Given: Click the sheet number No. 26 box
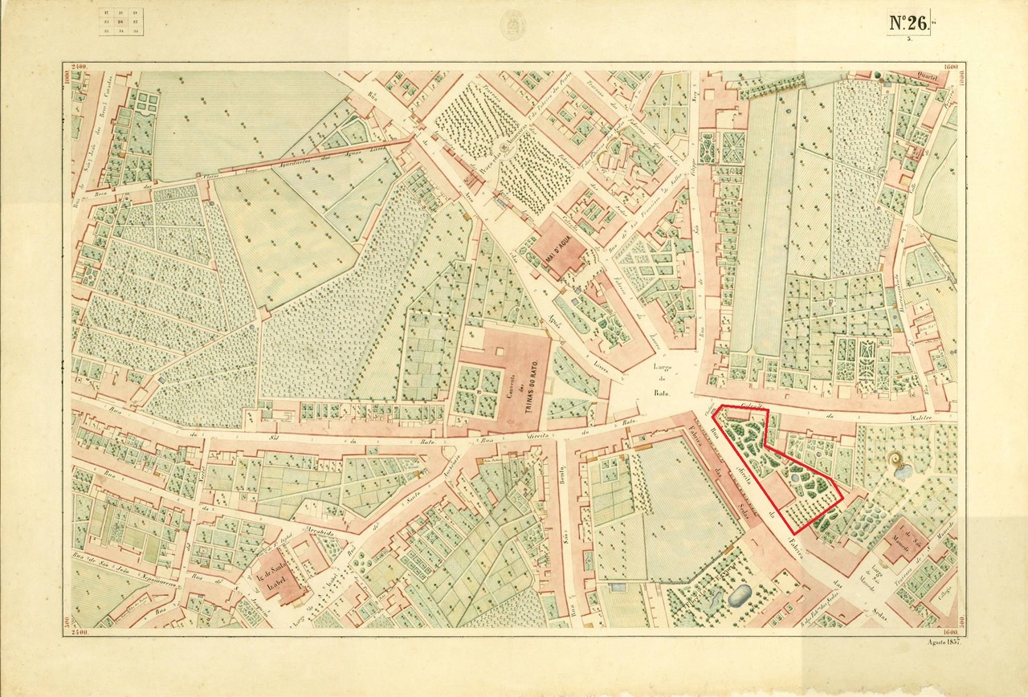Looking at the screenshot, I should click(909, 23).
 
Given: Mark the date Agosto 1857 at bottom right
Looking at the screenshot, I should click(944, 640).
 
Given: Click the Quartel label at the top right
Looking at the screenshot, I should click(931, 77).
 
